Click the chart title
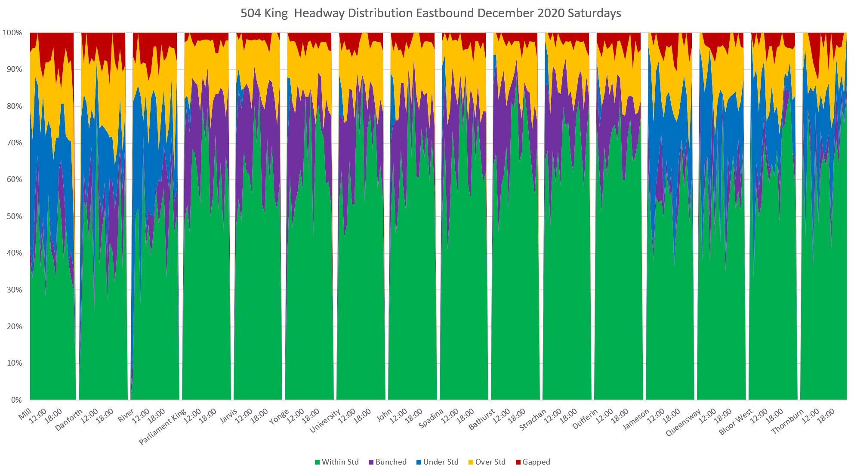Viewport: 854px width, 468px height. pyautogui.click(x=430, y=13)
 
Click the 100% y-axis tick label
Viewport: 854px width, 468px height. pyautogui.click(x=12, y=33)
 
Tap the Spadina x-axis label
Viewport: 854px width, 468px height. pyautogui.click(x=431, y=419)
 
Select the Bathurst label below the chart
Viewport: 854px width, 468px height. pyautogui.click(x=482, y=419)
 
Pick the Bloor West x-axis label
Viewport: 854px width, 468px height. pyautogui.click(x=736, y=422)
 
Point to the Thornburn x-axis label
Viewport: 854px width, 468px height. pyautogui.click(x=787, y=421)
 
